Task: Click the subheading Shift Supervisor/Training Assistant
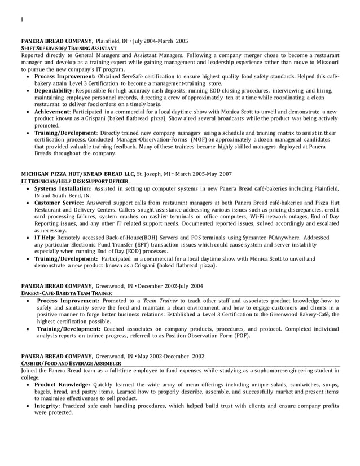[x=69, y=49]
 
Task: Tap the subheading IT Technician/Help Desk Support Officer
[x=74, y=181]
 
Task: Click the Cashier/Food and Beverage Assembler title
[x=68, y=364]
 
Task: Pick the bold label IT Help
[x=44, y=238]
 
